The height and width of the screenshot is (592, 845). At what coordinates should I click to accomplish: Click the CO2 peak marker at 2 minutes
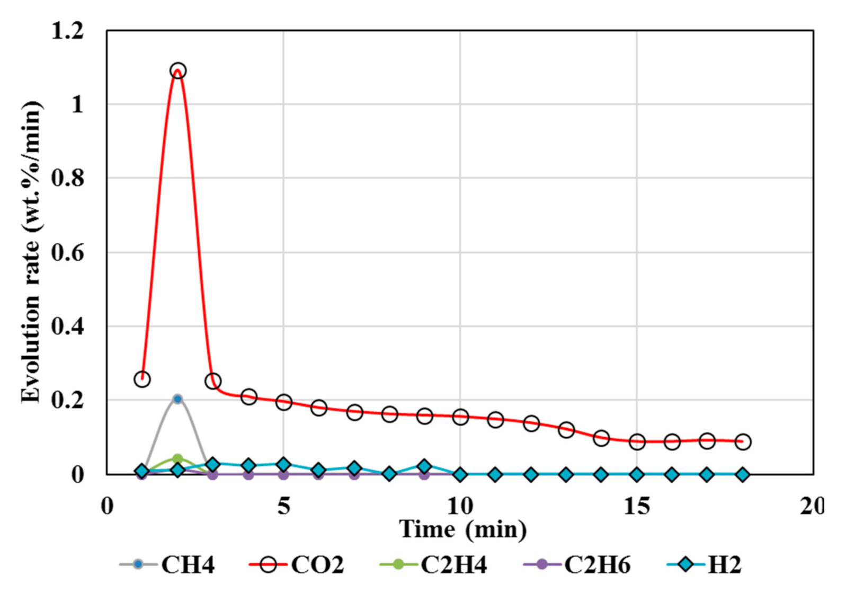178,71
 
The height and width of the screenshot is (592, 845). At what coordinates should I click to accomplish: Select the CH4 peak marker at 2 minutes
178,399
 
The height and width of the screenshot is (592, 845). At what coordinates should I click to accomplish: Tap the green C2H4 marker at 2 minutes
178,458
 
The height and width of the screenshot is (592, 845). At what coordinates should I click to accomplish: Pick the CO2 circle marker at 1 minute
142,379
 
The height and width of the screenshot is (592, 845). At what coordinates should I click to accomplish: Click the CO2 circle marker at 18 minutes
743,441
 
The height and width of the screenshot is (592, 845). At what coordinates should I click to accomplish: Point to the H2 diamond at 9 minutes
424,466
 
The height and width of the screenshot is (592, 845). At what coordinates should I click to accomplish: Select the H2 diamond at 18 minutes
743,474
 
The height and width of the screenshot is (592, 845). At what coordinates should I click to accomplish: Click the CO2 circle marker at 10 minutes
460,417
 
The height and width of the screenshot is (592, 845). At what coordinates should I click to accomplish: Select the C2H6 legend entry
577,565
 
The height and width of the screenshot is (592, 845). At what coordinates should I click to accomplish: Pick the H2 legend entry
705,565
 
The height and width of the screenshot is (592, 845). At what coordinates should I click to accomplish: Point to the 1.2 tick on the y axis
68,31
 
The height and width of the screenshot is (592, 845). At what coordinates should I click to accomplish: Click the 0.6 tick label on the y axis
68,253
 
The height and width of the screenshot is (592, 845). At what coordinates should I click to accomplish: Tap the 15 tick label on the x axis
636,507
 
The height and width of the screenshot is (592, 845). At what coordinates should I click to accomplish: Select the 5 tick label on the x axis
284,507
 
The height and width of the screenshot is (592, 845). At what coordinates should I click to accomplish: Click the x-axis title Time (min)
463,529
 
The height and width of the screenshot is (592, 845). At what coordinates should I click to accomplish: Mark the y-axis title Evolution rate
31,252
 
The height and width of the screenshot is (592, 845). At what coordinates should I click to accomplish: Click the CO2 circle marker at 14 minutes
601,438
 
